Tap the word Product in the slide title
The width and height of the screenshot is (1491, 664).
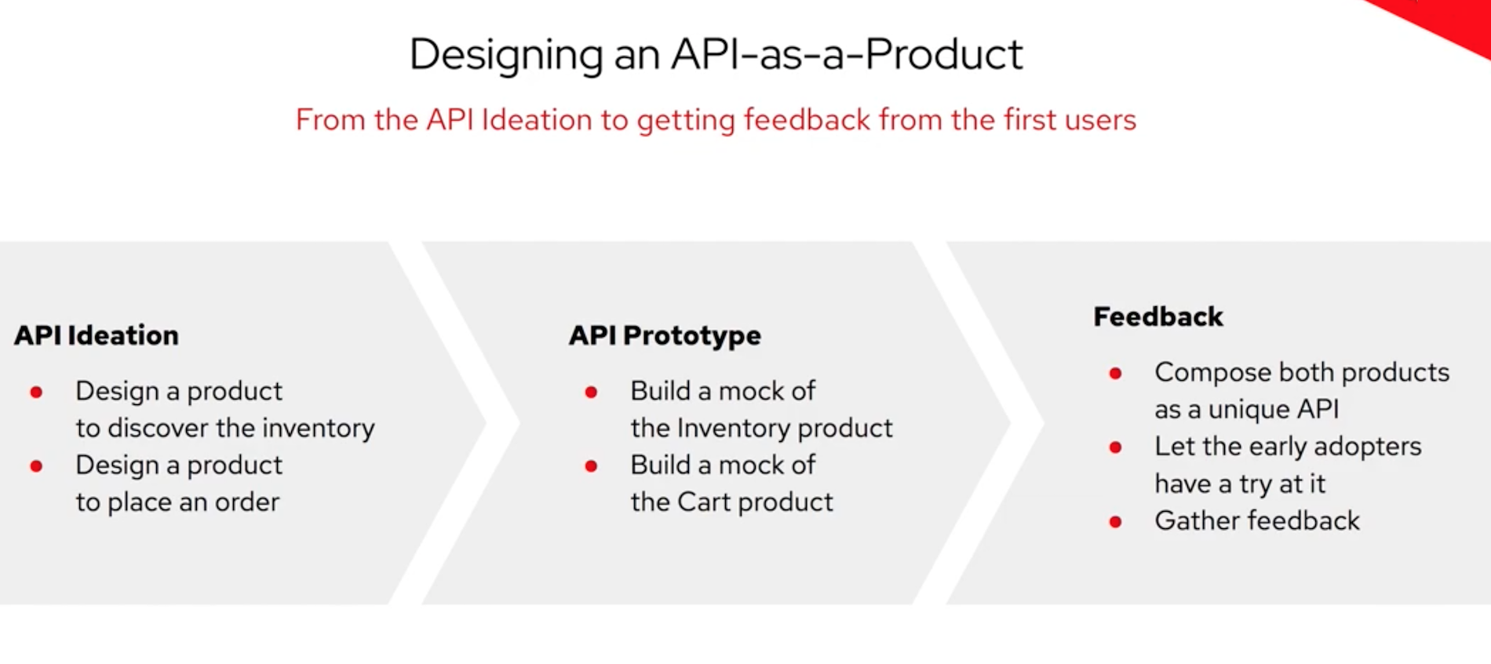click(944, 55)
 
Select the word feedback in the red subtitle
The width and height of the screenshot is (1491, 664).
click(807, 120)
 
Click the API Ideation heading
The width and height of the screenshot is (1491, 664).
click(97, 336)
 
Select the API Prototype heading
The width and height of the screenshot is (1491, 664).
click(665, 336)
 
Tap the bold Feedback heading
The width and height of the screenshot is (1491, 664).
click(1157, 317)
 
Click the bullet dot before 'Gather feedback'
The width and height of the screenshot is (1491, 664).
click(1115, 522)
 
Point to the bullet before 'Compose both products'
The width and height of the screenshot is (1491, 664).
click(1115, 373)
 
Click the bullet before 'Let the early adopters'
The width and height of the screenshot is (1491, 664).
click(1115, 447)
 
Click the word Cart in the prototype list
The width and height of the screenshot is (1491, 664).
click(703, 502)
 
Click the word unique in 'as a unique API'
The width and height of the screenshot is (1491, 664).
click(1249, 410)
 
